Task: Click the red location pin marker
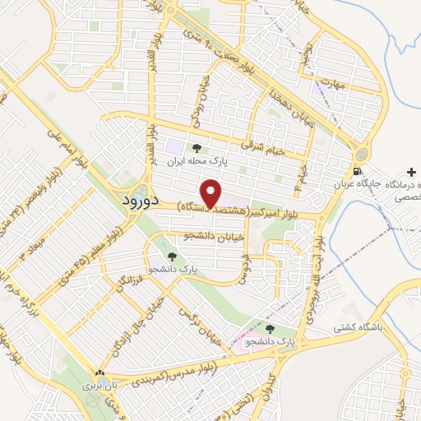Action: pos(213,193)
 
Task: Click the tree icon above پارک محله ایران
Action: pos(196,148)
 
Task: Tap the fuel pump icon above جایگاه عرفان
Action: pos(356,172)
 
